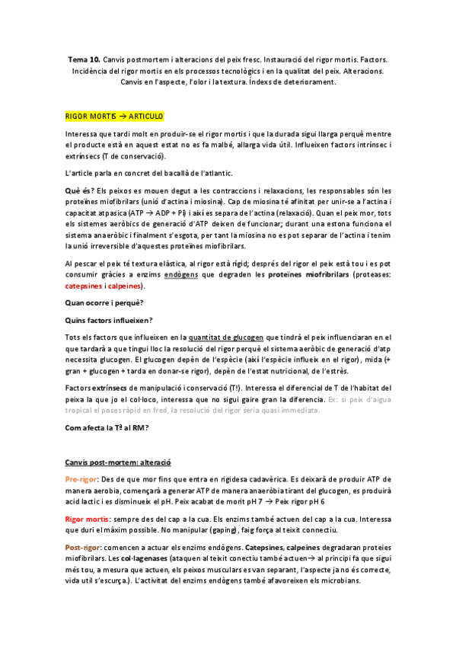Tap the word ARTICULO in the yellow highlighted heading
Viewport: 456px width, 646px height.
click(144, 117)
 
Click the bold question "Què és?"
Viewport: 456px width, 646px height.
click(80, 190)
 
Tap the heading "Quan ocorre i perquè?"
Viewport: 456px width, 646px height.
click(104, 302)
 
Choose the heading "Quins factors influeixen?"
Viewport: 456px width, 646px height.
click(108, 319)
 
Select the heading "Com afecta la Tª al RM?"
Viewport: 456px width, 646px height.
click(107, 428)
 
